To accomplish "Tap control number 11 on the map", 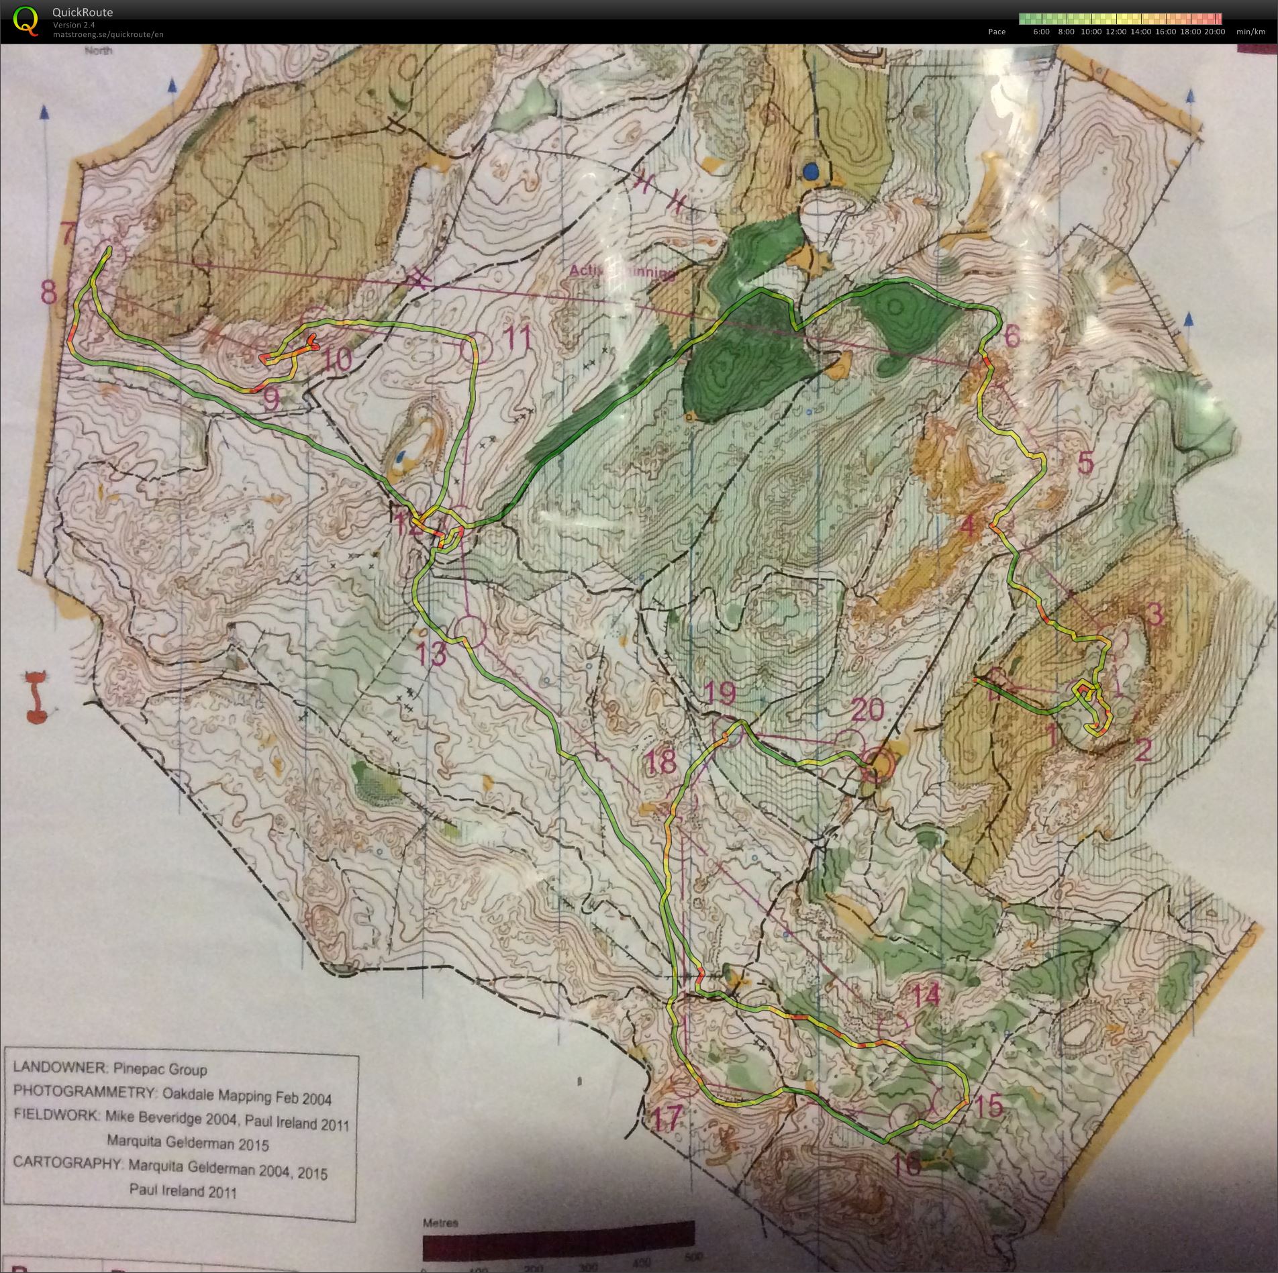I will (x=517, y=338).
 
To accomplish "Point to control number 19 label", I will (x=720, y=694).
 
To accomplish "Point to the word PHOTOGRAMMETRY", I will (x=84, y=1092).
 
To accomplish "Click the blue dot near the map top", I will (x=812, y=172).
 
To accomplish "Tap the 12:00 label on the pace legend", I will (x=1116, y=32).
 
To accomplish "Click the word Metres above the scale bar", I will (x=440, y=1223).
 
